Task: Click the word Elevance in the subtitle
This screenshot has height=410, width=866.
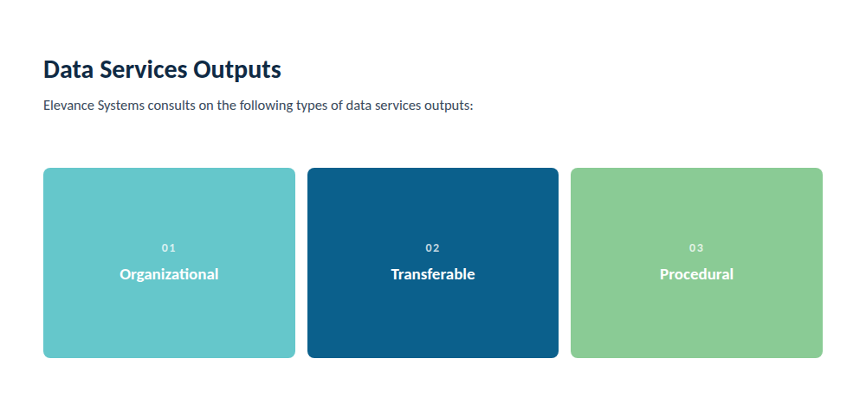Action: tap(68, 106)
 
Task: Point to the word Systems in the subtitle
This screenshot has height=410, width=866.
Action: tap(120, 106)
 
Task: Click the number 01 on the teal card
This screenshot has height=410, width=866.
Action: tap(169, 248)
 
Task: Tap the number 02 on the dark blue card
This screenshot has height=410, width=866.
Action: tap(432, 248)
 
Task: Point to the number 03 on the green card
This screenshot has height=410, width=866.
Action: tap(696, 248)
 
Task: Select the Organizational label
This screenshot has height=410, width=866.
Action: tap(169, 274)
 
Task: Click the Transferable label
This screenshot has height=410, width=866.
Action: tap(433, 274)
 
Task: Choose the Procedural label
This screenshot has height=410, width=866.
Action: tap(696, 274)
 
